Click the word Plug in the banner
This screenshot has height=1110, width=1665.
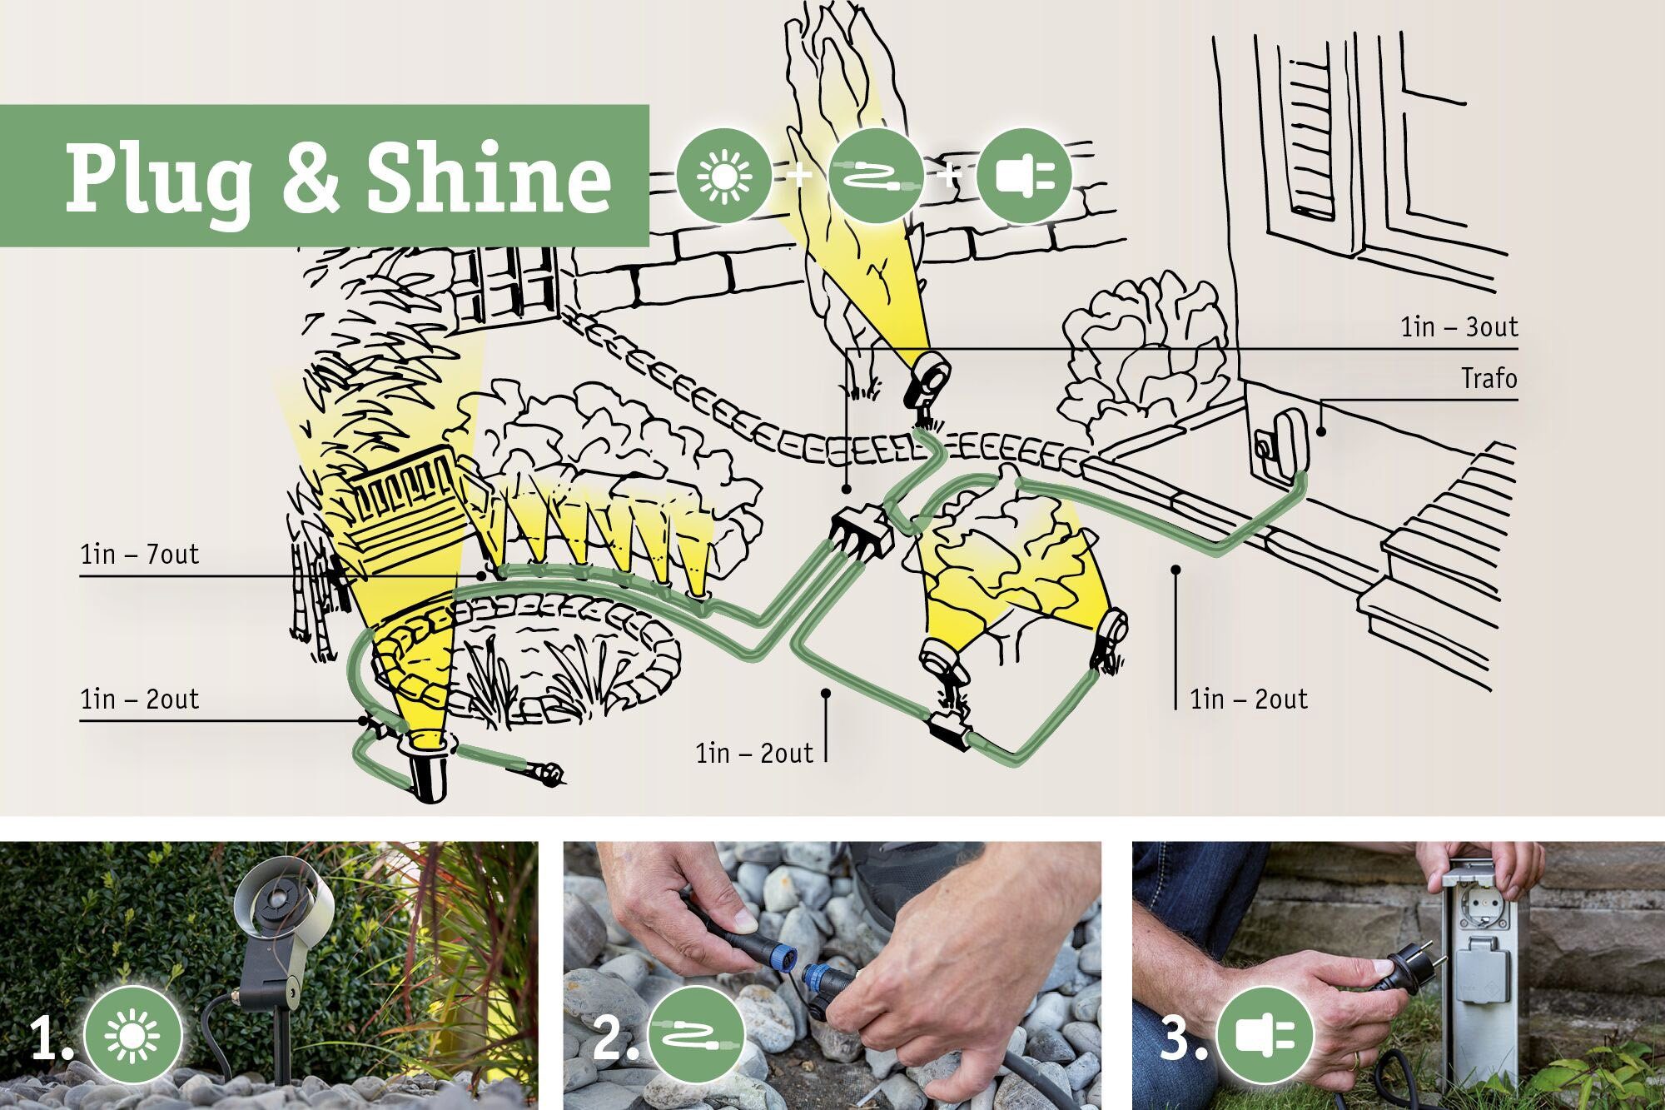click(158, 179)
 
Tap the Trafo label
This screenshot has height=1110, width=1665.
click(1489, 379)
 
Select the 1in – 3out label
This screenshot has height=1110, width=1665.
click(1459, 327)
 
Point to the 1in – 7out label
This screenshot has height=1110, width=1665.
click(140, 555)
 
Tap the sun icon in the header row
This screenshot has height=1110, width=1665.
click(723, 175)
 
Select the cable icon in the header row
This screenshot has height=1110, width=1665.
click(876, 175)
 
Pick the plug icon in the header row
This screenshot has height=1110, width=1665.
click(1024, 175)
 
